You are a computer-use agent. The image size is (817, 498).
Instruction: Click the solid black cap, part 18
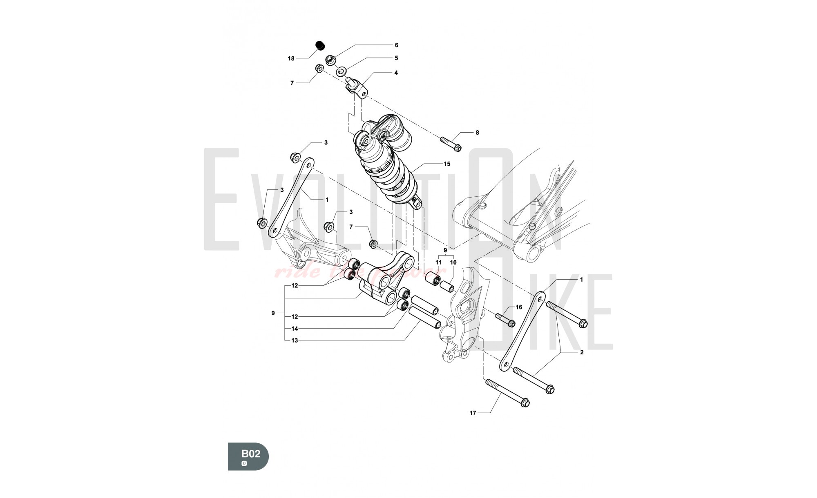pos(320,45)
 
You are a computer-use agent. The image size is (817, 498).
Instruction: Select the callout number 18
pos(291,59)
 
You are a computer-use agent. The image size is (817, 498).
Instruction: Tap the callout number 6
pos(396,45)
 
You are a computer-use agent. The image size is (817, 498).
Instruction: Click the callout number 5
pos(396,58)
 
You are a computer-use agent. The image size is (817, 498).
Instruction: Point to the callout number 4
pos(396,73)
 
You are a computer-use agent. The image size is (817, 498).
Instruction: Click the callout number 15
pos(447,164)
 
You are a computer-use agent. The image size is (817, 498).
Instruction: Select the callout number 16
pos(519,307)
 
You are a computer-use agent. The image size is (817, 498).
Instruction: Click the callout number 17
pos(473,413)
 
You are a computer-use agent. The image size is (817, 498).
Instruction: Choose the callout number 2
pos(581,352)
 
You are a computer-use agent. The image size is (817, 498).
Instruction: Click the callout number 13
pos(295,340)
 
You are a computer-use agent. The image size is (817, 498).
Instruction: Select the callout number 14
pos(295,329)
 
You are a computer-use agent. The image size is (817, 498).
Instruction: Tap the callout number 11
pos(439,262)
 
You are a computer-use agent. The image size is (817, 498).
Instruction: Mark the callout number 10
pos(453,262)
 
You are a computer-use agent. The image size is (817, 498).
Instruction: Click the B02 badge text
pos(250,454)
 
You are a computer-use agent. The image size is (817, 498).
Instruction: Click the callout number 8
pos(477,133)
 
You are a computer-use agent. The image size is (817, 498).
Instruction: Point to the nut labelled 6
pos(330,60)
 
